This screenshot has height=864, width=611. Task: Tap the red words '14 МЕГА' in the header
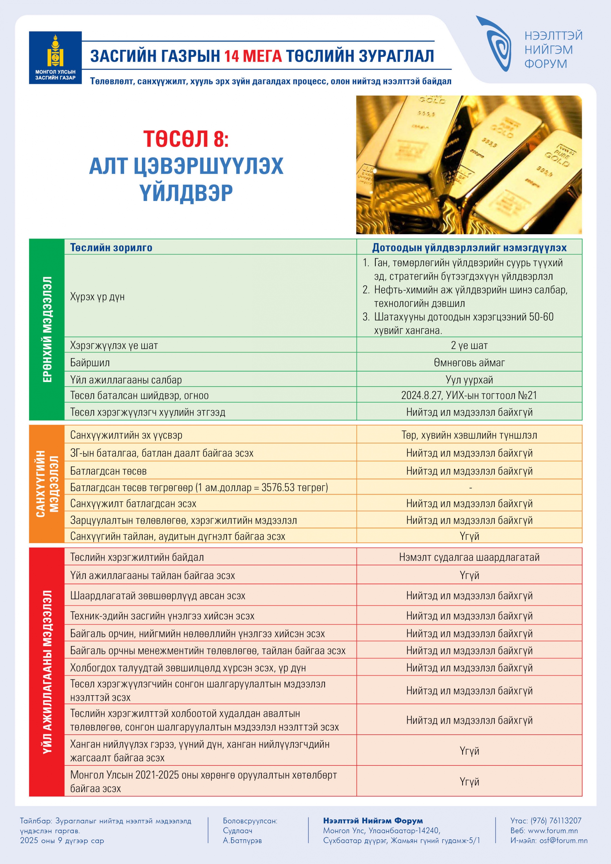coord(253,56)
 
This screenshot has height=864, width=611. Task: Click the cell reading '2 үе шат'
coord(469,345)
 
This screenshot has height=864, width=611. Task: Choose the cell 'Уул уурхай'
coord(469,380)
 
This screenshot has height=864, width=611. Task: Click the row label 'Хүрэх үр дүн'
coord(97,297)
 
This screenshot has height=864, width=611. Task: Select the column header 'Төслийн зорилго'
coord(111,248)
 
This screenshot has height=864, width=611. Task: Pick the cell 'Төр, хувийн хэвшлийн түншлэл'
coord(469,435)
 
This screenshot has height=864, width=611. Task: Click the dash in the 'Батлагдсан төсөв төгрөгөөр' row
coord(470,488)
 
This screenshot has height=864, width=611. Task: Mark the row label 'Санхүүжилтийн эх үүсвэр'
coord(126,435)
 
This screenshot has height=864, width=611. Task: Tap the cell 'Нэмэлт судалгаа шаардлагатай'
coord(469,557)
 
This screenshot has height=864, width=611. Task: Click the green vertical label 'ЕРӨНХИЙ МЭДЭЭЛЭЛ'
coord(47,329)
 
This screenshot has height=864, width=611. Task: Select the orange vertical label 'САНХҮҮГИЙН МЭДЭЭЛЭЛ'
coord(47,484)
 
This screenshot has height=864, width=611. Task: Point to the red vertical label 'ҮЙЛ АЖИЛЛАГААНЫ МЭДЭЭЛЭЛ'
coord(47,672)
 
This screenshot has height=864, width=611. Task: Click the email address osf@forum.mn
coord(563,840)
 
